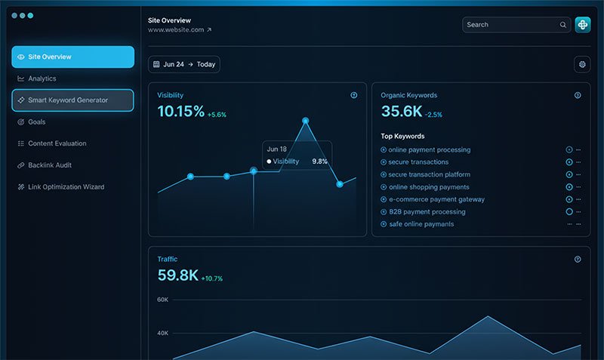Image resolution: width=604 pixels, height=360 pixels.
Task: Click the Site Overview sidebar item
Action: click(x=72, y=57)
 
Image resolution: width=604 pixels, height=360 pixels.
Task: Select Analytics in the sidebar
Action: click(x=42, y=78)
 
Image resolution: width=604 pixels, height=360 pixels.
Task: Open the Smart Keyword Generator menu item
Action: click(x=72, y=100)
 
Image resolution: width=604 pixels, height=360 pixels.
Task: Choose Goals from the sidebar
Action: click(x=36, y=122)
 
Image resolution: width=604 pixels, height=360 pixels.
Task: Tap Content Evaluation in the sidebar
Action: click(x=57, y=143)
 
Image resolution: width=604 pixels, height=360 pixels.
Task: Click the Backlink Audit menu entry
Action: click(x=50, y=165)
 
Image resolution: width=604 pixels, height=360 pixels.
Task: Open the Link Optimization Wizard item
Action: click(x=66, y=187)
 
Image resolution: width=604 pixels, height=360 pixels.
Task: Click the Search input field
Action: click(x=512, y=25)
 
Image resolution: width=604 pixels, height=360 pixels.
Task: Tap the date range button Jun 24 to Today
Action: click(x=184, y=65)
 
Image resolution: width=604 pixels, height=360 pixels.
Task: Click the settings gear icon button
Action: click(x=582, y=65)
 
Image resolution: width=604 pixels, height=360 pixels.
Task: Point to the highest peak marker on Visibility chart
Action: click(x=306, y=120)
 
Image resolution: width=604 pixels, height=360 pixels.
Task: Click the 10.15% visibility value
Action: click(x=180, y=112)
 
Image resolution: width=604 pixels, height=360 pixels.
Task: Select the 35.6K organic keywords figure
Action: click(x=401, y=112)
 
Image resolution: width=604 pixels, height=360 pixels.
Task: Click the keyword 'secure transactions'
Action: click(x=418, y=162)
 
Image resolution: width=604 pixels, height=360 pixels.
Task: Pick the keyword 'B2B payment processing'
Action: click(x=427, y=212)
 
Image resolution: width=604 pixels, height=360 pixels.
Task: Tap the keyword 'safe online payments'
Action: click(x=421, y=224)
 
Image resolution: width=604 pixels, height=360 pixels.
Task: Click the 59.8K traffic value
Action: click(x=178, y=275)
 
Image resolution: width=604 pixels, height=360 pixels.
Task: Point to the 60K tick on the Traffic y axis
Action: click(x=162, y=300)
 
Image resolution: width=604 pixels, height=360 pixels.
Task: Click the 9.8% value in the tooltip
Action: click(x=320, y=162)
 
